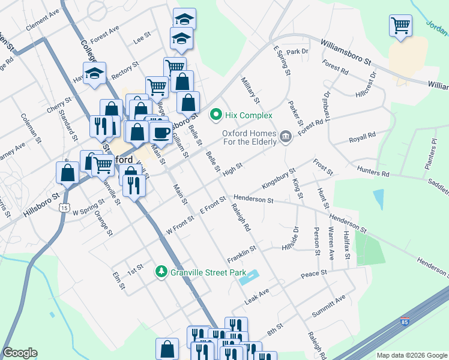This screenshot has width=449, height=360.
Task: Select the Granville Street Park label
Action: click(x=208, y=272)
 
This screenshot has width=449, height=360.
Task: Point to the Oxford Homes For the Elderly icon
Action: click(x=286, y=137)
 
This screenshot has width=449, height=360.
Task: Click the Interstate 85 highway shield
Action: click(x=406, y=322)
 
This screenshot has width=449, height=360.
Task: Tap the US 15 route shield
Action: click(x=64, y=207)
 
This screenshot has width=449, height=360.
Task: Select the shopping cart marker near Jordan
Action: click(x=400, y=26)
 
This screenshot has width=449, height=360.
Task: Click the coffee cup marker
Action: click(x=160, y=132)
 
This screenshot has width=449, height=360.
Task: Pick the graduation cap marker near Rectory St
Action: click(x=94, y=74)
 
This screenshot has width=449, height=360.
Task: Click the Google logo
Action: click(x=20, y=353)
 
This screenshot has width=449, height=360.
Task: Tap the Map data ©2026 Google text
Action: click(x=411, y=355)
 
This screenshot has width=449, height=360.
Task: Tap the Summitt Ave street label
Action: click(x=328, y=307)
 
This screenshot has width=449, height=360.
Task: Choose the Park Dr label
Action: click(x=297, y=52)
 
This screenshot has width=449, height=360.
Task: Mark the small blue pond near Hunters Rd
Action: click(x=378, y=199)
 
